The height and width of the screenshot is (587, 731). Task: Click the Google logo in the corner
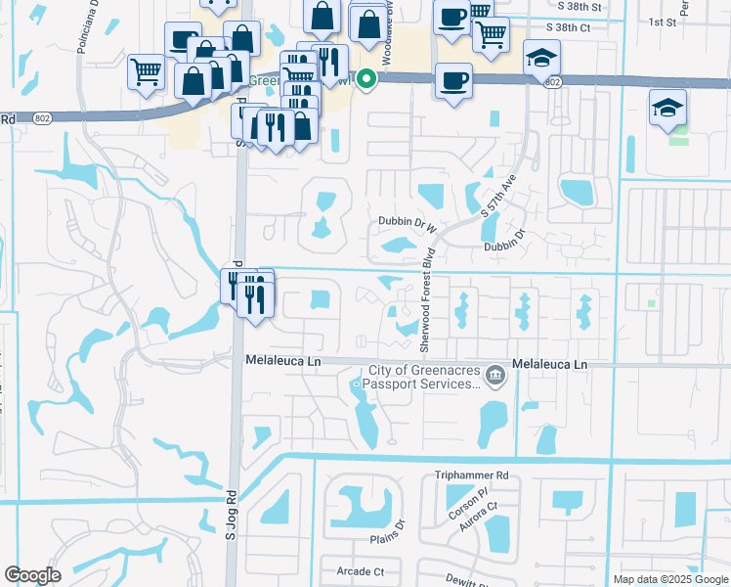click(32, 575)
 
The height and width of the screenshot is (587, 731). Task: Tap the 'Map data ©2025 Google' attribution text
click(669, 579)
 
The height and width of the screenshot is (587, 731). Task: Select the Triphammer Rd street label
click(472, 475)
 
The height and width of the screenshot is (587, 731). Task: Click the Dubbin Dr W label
click(407, 223)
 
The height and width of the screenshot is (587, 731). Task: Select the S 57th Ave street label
click(497, 197)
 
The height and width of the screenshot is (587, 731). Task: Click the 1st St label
click(662, 21)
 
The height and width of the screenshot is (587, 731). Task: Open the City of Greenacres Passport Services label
click(424, 378)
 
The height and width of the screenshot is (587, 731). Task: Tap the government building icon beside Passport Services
click(495, 374)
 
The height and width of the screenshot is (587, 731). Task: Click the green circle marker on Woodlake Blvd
click(366, 79)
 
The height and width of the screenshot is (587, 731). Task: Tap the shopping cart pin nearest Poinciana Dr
click(146, 70)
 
